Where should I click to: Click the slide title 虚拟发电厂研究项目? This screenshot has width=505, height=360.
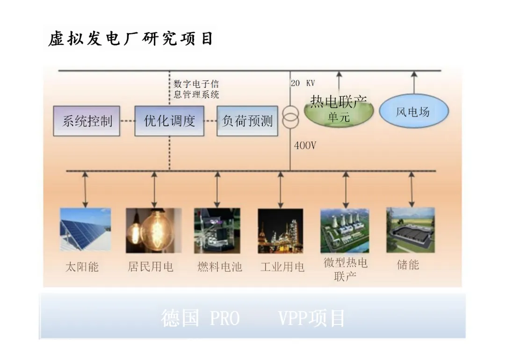click(130, 39)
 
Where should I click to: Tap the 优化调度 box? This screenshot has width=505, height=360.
click(169, 121)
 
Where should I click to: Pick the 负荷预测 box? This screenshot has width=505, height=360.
click(247, 121)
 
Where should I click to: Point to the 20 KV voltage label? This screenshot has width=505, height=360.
click(303, 84)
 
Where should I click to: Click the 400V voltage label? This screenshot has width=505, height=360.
click(305, 146)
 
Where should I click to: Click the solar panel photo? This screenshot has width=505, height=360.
click(85, 230)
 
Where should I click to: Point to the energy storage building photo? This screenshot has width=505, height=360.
click(410, 230)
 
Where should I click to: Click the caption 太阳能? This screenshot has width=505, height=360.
click(82, 267)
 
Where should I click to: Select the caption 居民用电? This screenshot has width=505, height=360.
click(151, 267)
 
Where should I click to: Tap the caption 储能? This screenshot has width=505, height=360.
click(408, 265)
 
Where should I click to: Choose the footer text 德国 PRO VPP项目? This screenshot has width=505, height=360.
click(253, 318)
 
